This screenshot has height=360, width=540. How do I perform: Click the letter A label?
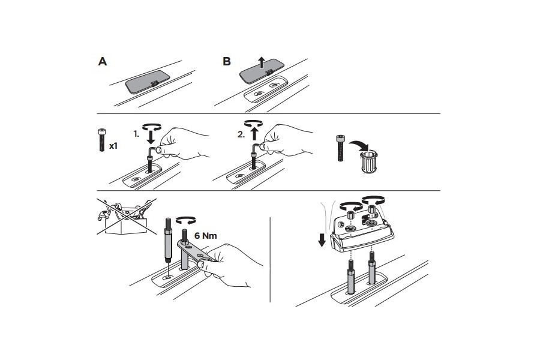pyautogui.click(x=103, y=61)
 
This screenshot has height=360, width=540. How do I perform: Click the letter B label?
pyautogui.click(x=227, y=61)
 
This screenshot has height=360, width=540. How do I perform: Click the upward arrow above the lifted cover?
pyautogui.click(x=262, y=62)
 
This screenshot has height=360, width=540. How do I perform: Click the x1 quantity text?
pyautogui.click(x=113, y=146)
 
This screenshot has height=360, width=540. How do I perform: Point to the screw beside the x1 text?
pyautogui.click(x=101, y=140)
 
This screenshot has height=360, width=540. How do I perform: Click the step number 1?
pyautogui.click(x=136, y=134)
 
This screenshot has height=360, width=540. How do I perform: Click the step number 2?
pyautogui.click(x=241, y=134)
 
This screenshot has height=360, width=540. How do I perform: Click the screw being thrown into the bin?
pyautogui.click(x=340, y=149)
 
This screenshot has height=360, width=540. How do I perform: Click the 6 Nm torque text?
pyautogui.click(x=206, y=236)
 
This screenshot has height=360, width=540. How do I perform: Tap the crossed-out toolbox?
pyautogui.click(x=126, y=217)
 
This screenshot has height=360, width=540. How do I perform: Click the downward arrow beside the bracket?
pyautogui.click(x=322, y=240)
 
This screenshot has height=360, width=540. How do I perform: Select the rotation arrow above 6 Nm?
pyautogui.click(x=185, y=220)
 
